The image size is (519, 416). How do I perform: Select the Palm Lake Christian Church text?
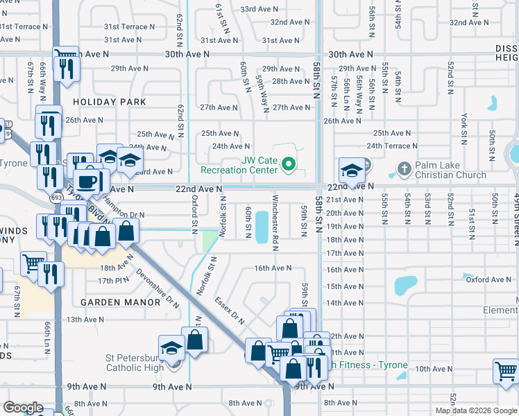tap(451, 170)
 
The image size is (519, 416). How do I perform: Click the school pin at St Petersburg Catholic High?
tap(171, 349)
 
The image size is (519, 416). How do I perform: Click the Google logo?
tap(23, 408)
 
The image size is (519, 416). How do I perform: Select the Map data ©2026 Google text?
tap(476, 410)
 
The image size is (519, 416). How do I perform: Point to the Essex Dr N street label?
tap(230, 311)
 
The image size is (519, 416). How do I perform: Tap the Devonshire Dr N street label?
tap(158, 288)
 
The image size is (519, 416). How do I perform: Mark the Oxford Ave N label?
tap(488, 280)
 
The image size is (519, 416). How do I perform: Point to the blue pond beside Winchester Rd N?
tap(262, 227)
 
